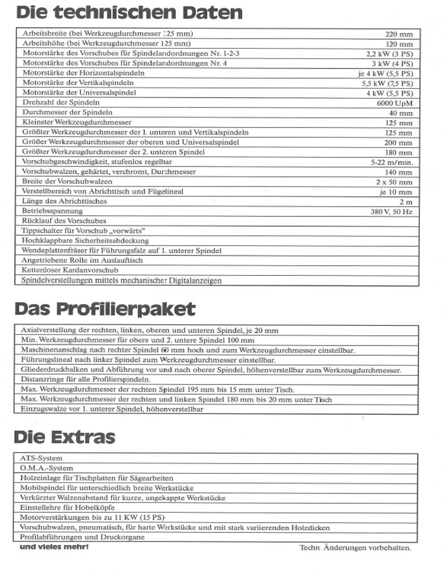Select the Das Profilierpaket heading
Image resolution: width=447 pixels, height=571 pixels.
coord(105,309)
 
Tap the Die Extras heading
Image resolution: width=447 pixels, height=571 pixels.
coord(64,437)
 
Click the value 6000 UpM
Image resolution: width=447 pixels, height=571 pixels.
coord(394,103)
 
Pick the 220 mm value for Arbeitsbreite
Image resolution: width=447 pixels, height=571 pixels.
coord(399,34)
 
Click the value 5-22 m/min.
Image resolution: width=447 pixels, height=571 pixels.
coord(390,162)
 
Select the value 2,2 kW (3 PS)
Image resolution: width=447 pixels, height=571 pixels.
coord(390,54)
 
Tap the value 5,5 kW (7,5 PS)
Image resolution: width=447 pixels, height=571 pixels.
coord(387,83)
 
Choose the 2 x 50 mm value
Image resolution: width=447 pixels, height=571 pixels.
coord(394,182)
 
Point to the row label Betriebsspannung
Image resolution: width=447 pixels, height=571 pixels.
coord(52,211)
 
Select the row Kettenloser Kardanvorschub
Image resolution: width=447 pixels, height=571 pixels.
coord(70,270)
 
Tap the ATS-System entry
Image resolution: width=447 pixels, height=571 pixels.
coord(41,458)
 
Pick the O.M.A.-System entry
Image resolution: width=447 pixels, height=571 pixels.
coord(46,468)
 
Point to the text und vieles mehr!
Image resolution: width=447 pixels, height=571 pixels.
coord(54,547)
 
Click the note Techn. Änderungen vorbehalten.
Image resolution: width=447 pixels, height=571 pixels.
coord(355,548)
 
